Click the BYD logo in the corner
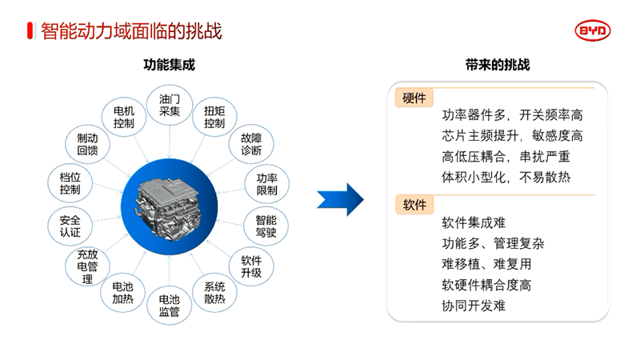pos(593,31)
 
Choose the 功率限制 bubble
pos(266,184)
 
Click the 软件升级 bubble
pos(250,266)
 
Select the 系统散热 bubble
pos(214,293)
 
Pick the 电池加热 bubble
pos(123,293)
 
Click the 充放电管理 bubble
pos(86,266)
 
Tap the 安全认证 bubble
pos(65,226)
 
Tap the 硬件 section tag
pos(414,98)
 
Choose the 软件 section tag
pos(414,205)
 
